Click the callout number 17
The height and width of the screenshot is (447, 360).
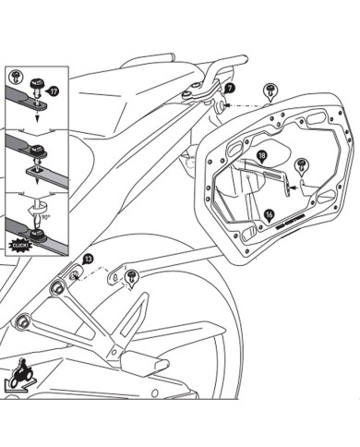click(x=54, y=91)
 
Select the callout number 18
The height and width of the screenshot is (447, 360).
click(x=262, y=156)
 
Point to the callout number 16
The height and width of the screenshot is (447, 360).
click(x=269, y=213)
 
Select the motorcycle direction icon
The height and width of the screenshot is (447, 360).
click(x=22, y=376)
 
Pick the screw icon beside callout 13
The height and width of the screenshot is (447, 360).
click(x=132, y=274)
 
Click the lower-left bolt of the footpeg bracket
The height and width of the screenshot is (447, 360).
click(x=21, y=321)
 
